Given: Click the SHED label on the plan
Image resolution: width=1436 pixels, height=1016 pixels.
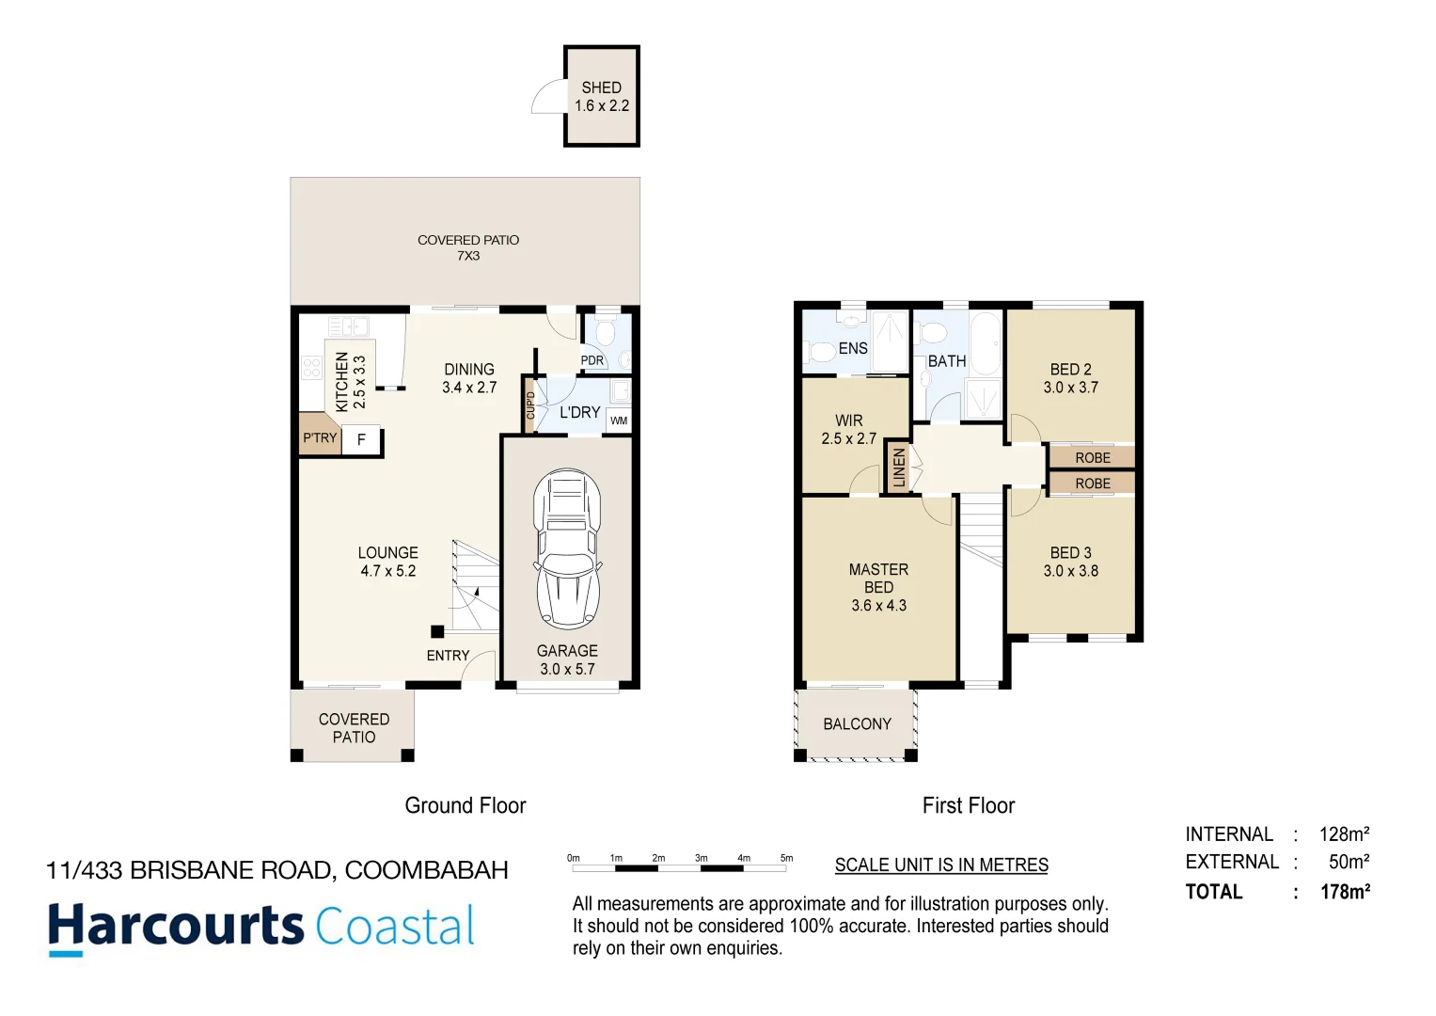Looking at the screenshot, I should [601, 87].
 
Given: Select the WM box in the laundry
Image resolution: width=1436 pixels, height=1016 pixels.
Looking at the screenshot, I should [619, 421].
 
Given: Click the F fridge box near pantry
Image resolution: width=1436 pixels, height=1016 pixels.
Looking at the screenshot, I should [361, 439].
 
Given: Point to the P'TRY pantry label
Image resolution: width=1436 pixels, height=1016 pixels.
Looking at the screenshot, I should [320, 438].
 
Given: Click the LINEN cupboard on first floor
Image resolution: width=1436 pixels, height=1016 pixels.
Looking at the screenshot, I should [899, 468].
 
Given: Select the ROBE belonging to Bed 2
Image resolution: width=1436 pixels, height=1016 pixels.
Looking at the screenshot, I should [1092, 458].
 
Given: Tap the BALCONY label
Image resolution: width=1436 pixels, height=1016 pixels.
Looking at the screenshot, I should [857, 724].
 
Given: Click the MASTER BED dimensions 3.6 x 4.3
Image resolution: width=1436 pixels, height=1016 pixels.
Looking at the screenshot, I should [878, 606].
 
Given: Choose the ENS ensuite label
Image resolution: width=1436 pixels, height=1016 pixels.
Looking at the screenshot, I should [853, 349].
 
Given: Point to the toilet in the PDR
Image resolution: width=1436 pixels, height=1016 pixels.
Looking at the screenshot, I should [606, 334].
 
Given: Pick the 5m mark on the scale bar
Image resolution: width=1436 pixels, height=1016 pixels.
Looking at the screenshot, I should [786, 858].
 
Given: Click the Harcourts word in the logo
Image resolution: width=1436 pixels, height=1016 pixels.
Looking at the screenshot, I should [176, 926].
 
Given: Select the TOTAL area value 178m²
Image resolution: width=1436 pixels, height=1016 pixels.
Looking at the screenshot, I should [1345, 892].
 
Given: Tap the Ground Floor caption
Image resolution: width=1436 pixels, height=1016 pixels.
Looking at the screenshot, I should [465, 806].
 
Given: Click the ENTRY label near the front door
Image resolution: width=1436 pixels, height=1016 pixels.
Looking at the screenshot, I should [448, 656].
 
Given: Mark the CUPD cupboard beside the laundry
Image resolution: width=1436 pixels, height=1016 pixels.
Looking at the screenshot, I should [529, 405].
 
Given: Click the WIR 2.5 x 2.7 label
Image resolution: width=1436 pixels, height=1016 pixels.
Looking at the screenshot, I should [848, 430].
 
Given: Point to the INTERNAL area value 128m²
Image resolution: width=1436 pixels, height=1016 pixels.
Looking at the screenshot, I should [1344, 834].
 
